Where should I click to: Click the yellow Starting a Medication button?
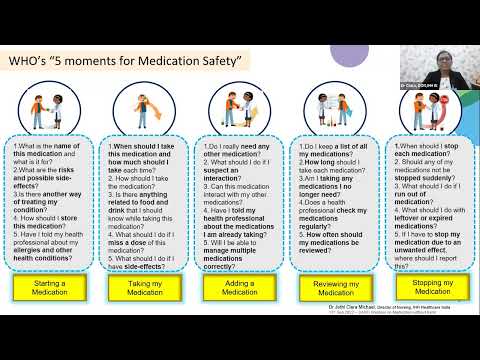(51, 288)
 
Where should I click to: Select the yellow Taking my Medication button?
(143, 288)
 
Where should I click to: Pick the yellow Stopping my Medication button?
(425, 288)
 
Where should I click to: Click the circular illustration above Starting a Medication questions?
(50, 109)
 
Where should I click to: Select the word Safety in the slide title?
(221, 63)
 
